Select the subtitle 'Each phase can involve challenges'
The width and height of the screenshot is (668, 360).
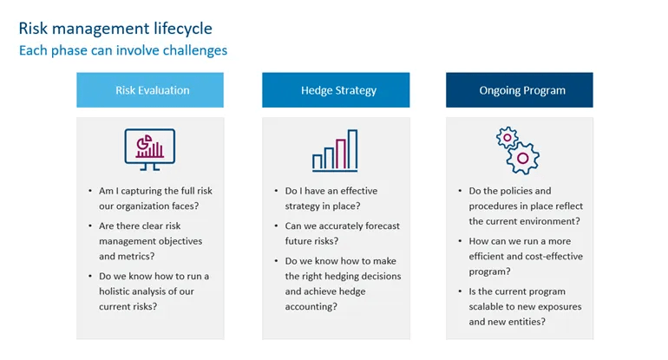(x=123, y=50)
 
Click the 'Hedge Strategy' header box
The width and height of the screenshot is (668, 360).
(x=337, y=90)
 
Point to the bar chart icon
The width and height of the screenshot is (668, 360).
(x=335, y=150)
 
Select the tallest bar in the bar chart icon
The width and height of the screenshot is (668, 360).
(x=352, y=149)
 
